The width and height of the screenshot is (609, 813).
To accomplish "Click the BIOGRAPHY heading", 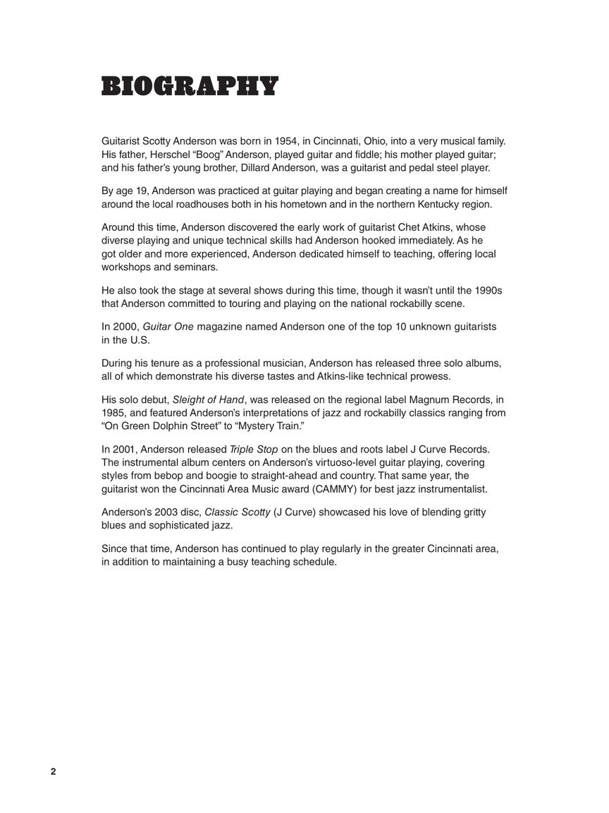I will pos(190,86).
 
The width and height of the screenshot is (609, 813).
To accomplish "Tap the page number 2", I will pos(53,771).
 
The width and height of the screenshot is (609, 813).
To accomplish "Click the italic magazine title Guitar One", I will pos(168,327).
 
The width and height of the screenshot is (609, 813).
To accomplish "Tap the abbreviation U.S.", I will pos(140,340).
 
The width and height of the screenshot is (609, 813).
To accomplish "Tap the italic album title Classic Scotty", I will pos(237,512).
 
